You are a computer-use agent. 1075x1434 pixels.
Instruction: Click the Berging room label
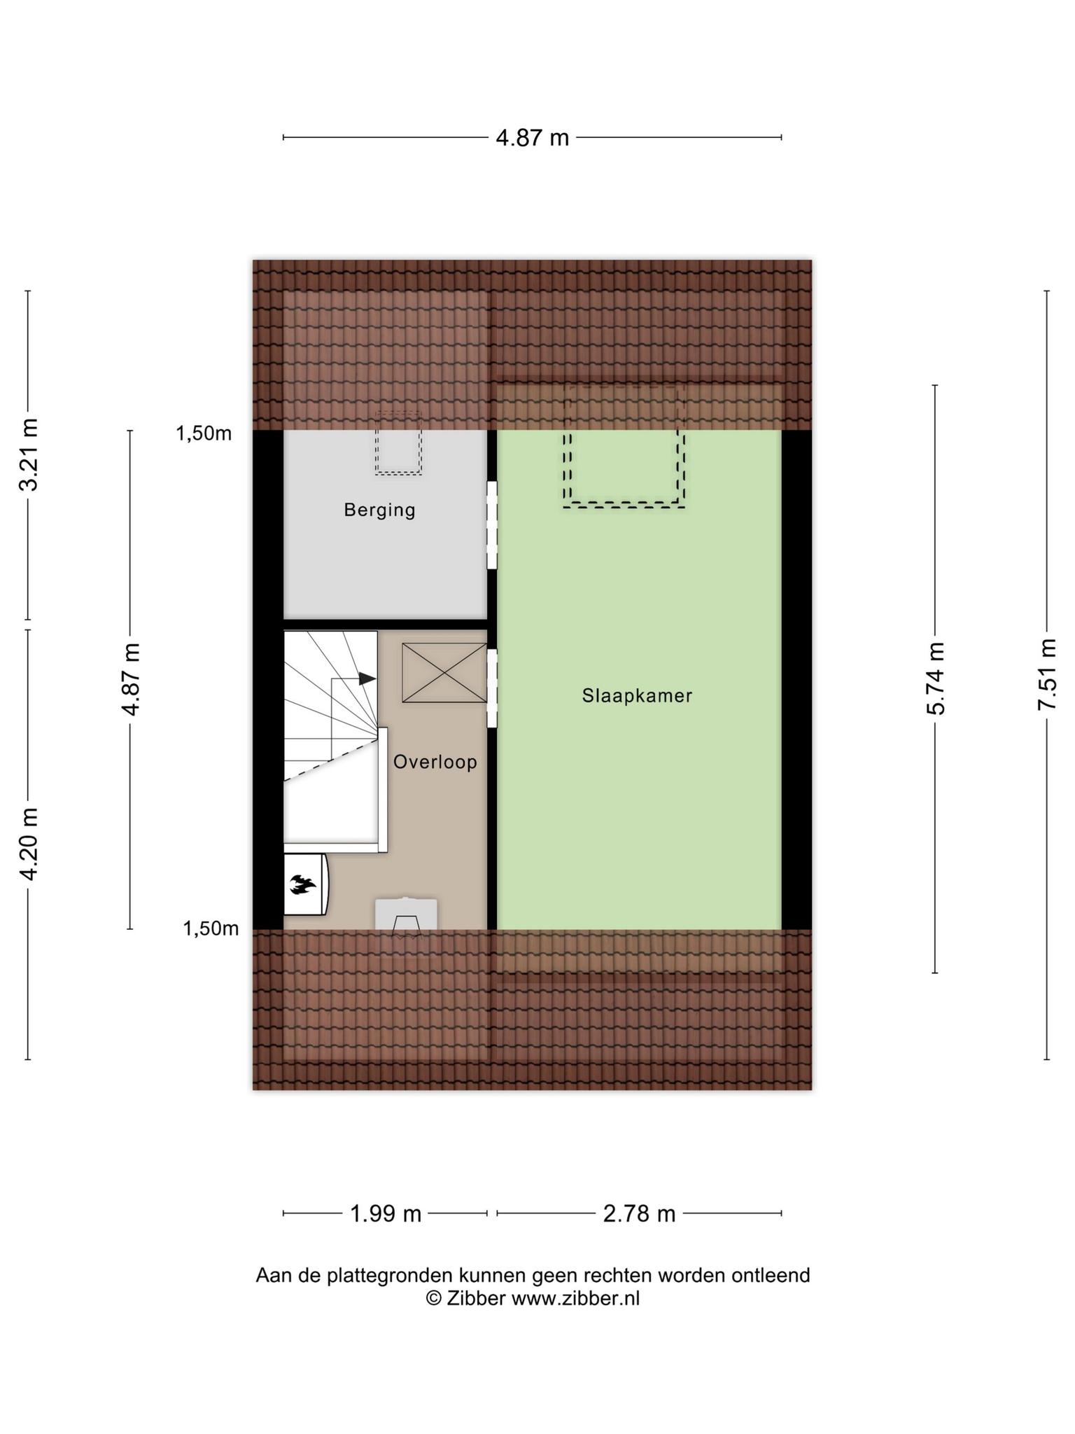pyautogui.click(x=379, y=510)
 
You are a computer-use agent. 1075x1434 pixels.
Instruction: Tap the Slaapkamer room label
pyautogui.click(x=637, y=695)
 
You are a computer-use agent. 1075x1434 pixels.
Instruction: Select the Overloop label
pyautogui.click(x=435, y=762)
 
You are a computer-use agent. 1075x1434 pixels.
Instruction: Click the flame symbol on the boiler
pyautogui.click(x=303, y=885)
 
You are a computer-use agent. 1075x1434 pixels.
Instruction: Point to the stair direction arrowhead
pyautogui.click(x=367, y=678)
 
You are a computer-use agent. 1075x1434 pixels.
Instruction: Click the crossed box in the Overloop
pyautogui.click(x=444, y=673)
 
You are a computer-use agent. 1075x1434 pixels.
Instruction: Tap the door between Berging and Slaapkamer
pyautogui.click(x=492, y=524)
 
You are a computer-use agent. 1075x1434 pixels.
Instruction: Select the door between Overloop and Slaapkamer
pyautogui.click(x=492, y=688)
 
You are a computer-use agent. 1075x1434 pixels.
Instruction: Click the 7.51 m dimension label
pyautogui.click(x=1046, y=674)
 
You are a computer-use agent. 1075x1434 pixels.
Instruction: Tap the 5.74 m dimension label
pyautogui.click(x=935, y=678)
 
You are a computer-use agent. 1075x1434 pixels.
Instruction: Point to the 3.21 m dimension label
pyautogui.click(x=28, y=454)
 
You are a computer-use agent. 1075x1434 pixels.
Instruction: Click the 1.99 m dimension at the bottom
pyautogui.click(x=386, y=1213)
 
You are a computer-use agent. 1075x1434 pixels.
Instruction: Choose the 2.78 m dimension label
pyautogui.click(x=639, y=1213)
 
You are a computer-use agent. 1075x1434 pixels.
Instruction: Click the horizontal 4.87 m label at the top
pyautogui.click(x=532, y=138)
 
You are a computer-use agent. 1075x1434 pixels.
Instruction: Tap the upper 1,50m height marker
pyautogui.click(x=204, y=433)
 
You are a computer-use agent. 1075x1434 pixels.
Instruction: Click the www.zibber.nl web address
pyautogui.click(x=575, y=1298)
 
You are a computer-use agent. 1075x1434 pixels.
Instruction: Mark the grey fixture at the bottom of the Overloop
pyautogui.click(x=406, y=915)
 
